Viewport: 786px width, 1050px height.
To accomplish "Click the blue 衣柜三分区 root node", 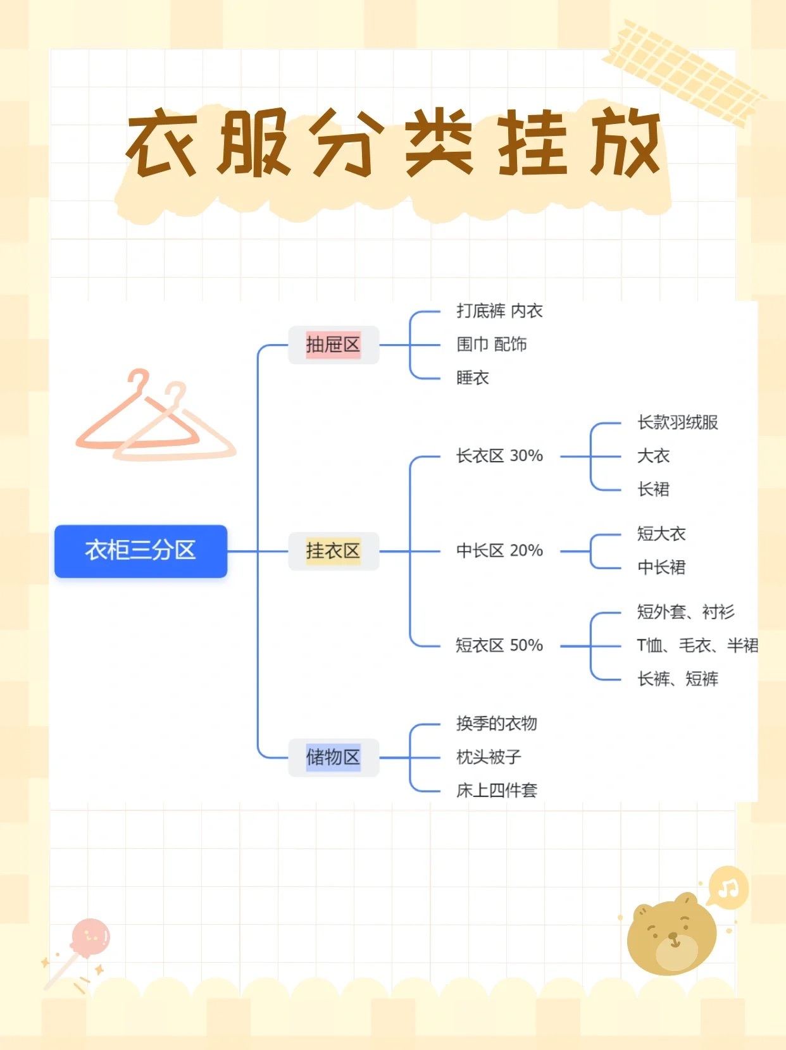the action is [x=140, y=551].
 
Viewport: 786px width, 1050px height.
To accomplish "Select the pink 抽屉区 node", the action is [x=333, y=345].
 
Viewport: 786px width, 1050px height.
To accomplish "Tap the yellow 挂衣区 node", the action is [x=333, y=551].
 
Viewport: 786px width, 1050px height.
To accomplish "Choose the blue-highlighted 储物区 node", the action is [x=333, y=757].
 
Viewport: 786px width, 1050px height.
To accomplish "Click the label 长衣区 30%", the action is [x=499, y=456].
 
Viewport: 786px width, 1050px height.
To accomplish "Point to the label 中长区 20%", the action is [x=499, y=551].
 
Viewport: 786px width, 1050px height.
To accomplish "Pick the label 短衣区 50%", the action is [x=499, y=646].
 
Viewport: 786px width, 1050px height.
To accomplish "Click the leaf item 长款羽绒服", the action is [x=677, y=423].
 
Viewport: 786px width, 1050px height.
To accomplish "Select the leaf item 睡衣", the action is [x=473, y=378].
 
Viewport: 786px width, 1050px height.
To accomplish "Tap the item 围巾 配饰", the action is [x=492, y=345].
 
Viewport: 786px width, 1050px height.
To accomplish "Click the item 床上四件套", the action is [x=497, y=791].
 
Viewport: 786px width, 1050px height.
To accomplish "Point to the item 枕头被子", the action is [x=489, y=757].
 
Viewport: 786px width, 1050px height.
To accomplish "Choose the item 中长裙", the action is [x=661, y=567].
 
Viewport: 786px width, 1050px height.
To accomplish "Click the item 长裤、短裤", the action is [x=677, y=679].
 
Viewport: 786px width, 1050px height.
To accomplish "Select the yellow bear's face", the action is [x=672, y=935].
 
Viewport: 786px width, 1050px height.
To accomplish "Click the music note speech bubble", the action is [x=728, y=888].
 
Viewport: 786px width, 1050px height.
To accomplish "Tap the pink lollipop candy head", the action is [x=90, y=937].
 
